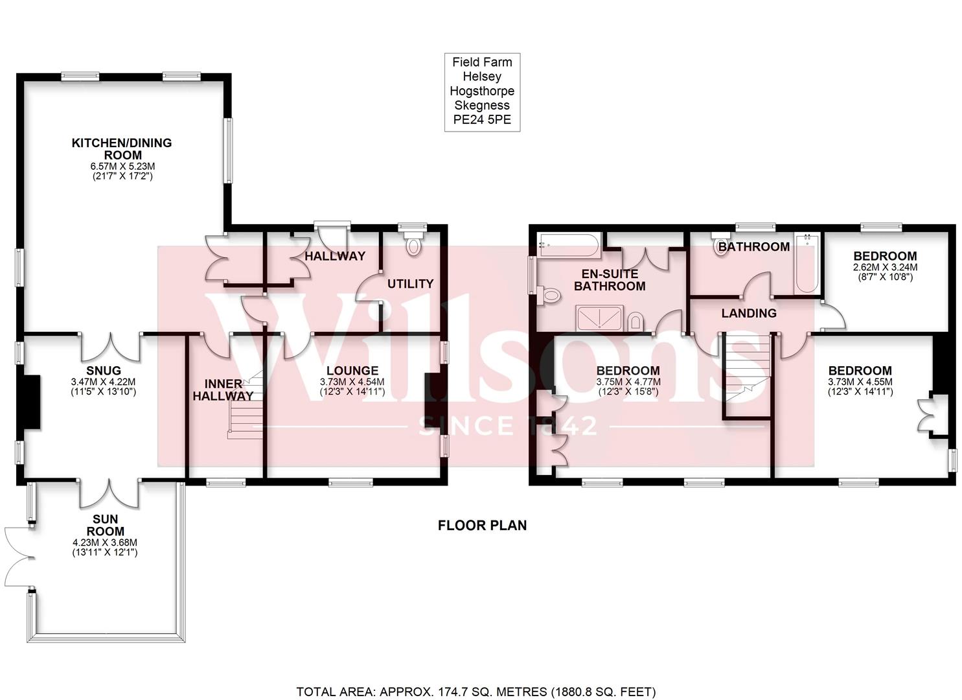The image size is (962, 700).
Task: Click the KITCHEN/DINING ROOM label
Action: pos(121,148)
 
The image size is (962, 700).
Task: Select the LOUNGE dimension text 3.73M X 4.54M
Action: pos(352,382)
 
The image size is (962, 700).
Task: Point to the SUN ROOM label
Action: pos(105,526)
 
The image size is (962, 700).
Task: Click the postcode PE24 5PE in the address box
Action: pos(482,120)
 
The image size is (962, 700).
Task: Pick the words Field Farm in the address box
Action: pos(482,62)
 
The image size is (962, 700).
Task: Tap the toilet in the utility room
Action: pos(411,245)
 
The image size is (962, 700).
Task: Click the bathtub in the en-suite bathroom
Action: pos(568,245)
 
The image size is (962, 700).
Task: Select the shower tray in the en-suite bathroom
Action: pos(600,318)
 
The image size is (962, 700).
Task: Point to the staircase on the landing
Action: pos(745,369)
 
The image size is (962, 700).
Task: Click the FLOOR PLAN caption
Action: pos(482,525)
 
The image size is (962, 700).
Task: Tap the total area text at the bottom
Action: pos(476,692)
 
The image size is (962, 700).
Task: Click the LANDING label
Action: pos(749,313)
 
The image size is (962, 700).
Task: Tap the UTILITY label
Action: pos(410,283)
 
